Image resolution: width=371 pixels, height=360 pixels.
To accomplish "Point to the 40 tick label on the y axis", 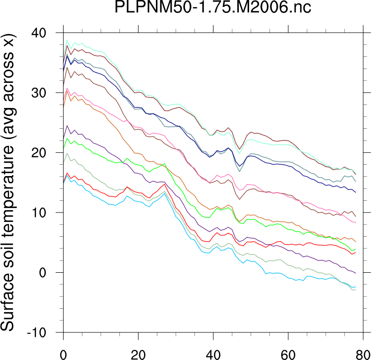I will click(x=46, y=34).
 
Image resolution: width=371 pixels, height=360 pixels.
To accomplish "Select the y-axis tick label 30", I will click(x=46, y=93).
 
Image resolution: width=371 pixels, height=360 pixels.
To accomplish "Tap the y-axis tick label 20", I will click(x=46, y=153).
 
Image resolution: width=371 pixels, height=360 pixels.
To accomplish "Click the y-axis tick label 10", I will click(x=46, y=213).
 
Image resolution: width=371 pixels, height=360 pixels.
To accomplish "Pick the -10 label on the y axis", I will click(x=43, y=332).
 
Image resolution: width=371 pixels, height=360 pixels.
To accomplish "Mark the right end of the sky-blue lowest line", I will click(x=355, y=287).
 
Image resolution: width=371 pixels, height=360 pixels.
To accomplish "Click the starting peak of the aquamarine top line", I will click(x=68, y=40).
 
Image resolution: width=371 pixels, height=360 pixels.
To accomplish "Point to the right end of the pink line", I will click(x=355, y=223).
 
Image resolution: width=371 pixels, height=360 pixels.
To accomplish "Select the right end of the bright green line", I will click(x=355, y=249).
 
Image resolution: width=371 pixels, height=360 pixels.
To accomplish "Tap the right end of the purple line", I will click(x=355, y=273).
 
